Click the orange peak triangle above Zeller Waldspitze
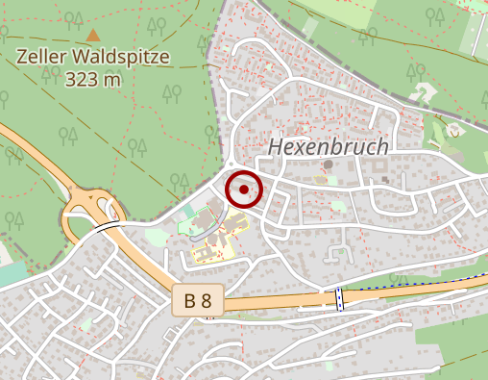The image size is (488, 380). [93, 36]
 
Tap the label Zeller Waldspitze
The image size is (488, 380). [93, 57]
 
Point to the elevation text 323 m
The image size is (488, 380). [93, 79]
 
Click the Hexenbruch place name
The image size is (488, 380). [329, 147]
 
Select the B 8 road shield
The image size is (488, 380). [199, 301]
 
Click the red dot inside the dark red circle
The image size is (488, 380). [244, 190]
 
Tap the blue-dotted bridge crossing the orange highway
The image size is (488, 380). [338, 298]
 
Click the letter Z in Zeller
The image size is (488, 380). [23, 57]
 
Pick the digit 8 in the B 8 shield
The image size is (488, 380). [207, 301]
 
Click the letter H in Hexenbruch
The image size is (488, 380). [277, 147]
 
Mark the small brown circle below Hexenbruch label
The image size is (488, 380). [328, 165]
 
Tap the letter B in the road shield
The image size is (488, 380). [190, 301]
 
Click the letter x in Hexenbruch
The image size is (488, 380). [300, 147]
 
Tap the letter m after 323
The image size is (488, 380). [113, 79]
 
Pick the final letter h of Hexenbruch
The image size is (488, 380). [382, 147]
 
